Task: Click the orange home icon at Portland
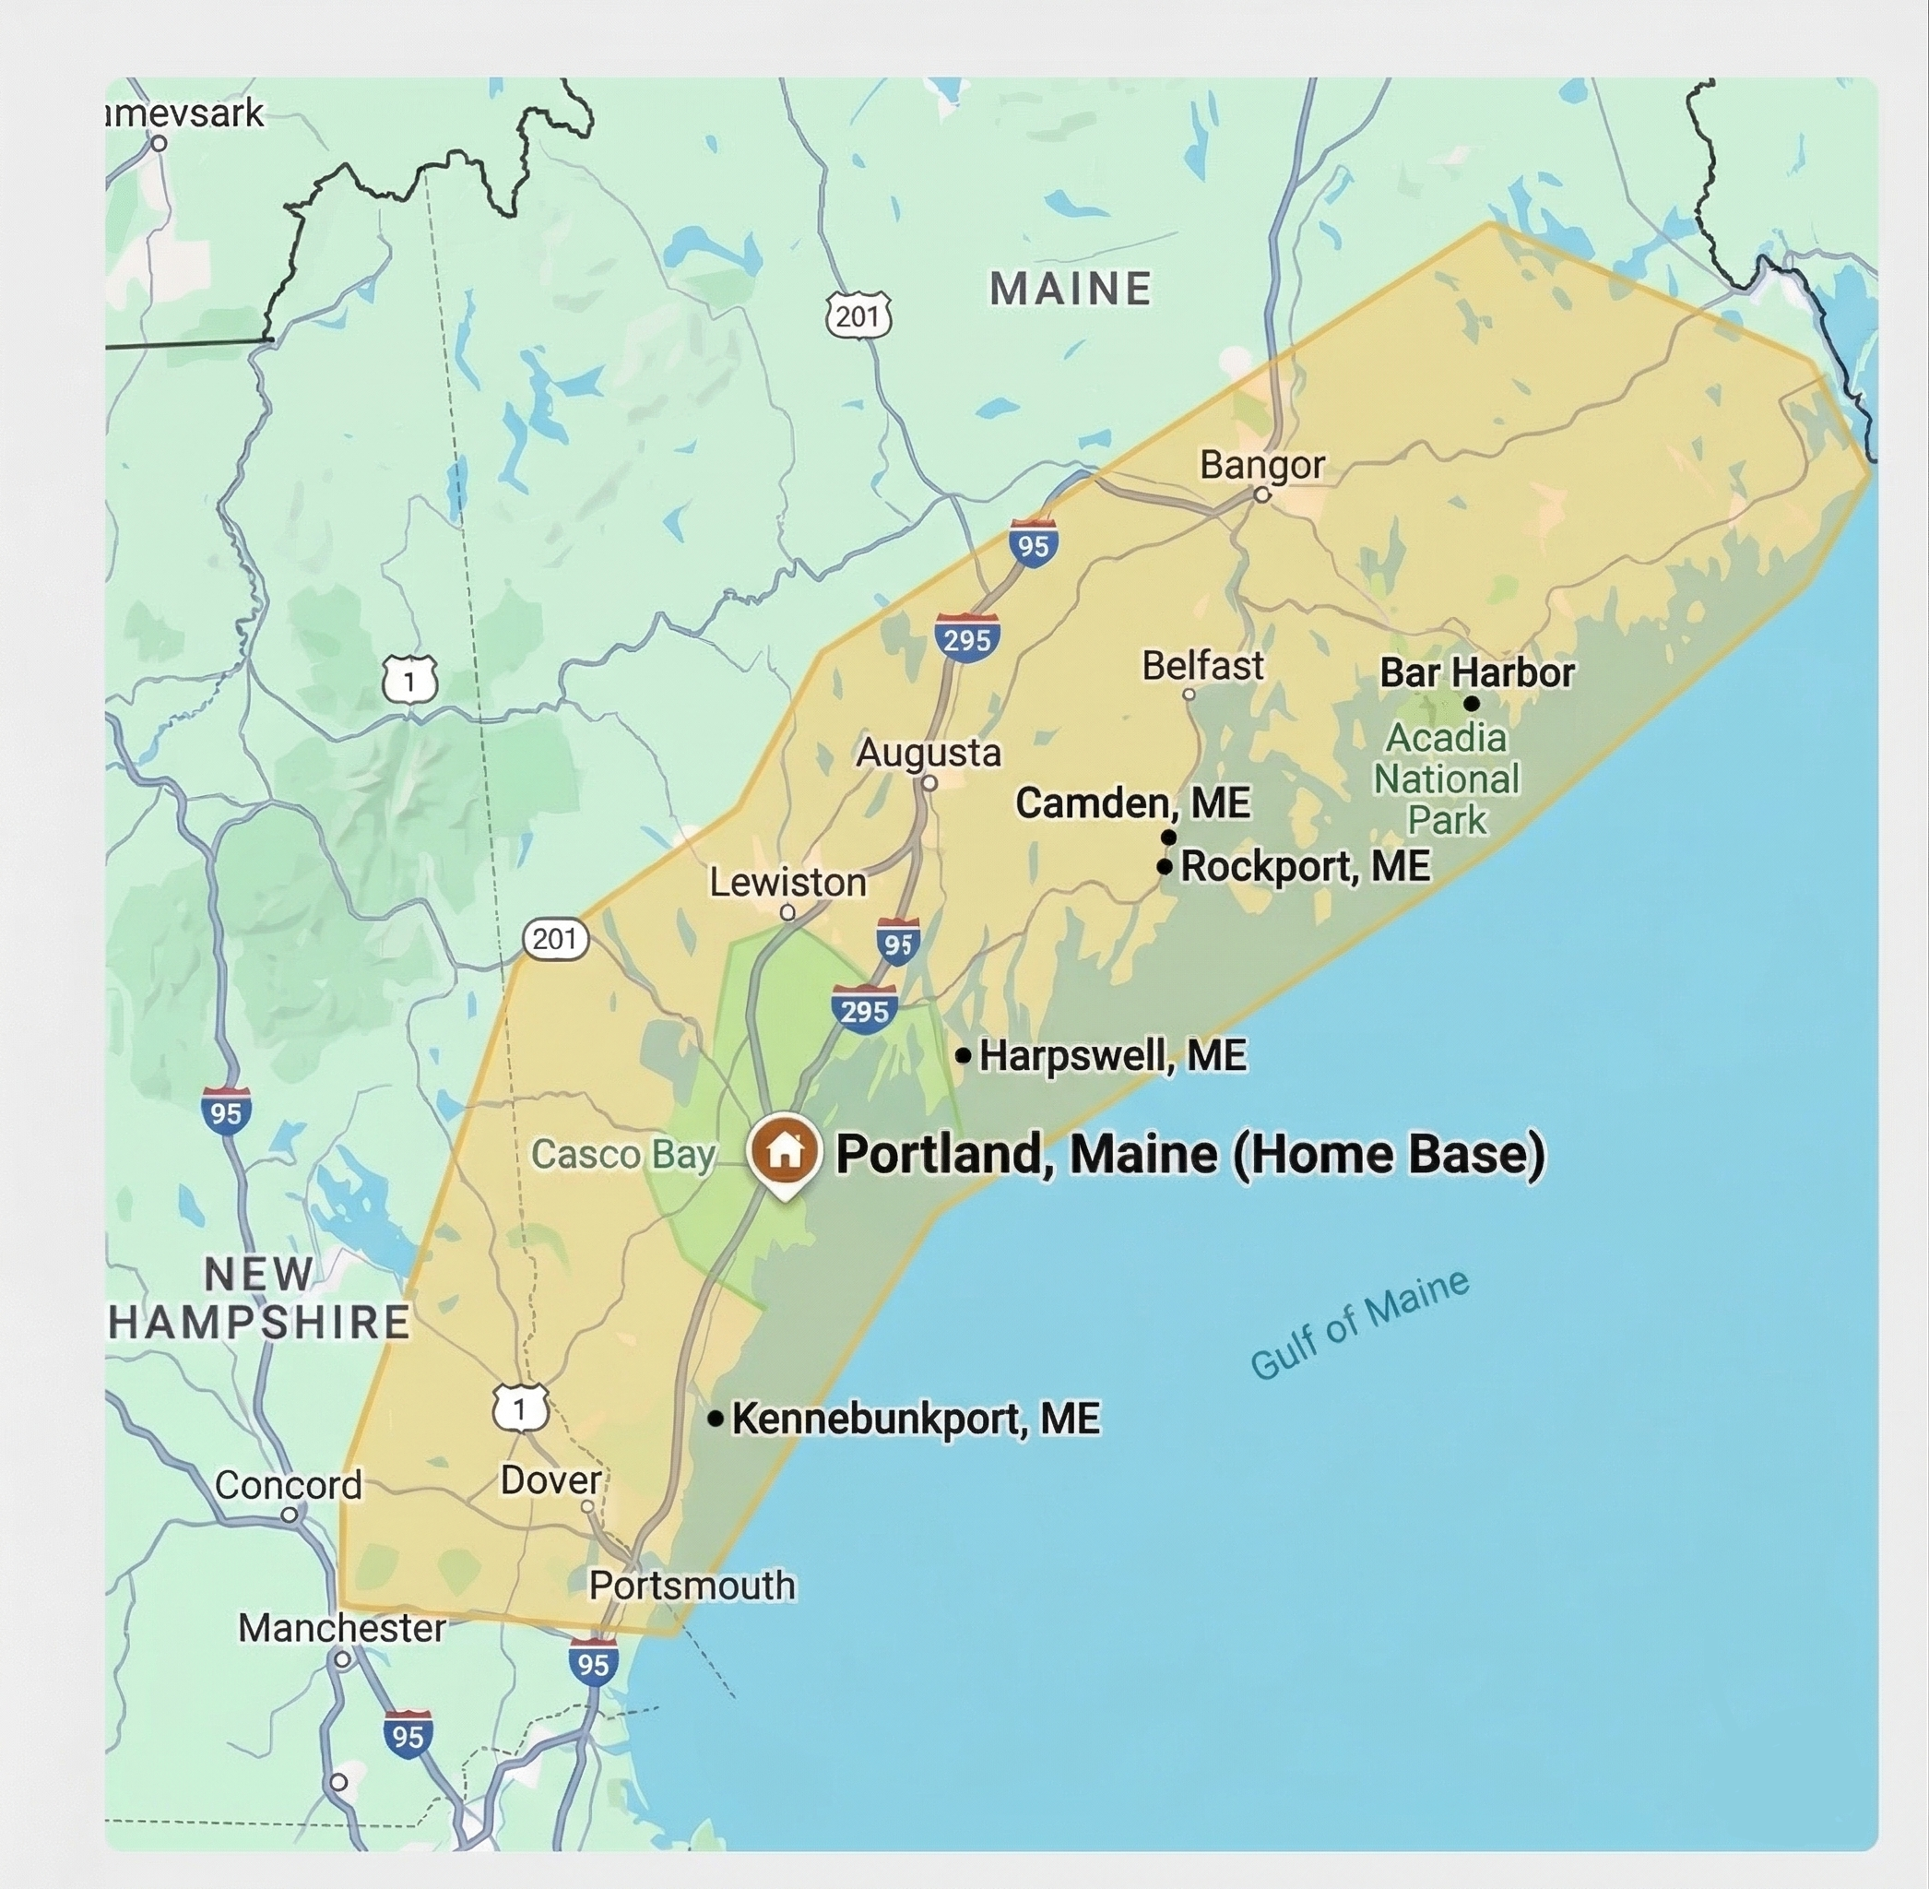[785, 1151]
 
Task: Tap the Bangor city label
[1261, 464]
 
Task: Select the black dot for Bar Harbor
[1472, 704]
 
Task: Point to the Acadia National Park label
[1447, 778]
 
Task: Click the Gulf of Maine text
[1360, 1325]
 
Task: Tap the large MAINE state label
[1071, 290]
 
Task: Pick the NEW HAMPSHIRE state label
[258, 1299]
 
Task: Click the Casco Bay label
[622, 1155]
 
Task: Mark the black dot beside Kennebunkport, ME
[715, 1419]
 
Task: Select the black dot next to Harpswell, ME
[963, 1055]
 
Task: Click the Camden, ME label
[1132, 802]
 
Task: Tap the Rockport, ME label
[1305, 866]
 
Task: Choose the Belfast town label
[1202, 666]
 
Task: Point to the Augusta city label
[929, 752]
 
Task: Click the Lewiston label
[787, 882]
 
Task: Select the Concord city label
[288, 1485]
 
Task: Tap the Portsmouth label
[692, 1586]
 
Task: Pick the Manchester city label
[341, 1628]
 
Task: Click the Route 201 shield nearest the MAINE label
[858, 316]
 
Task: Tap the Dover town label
[550, 1480]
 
